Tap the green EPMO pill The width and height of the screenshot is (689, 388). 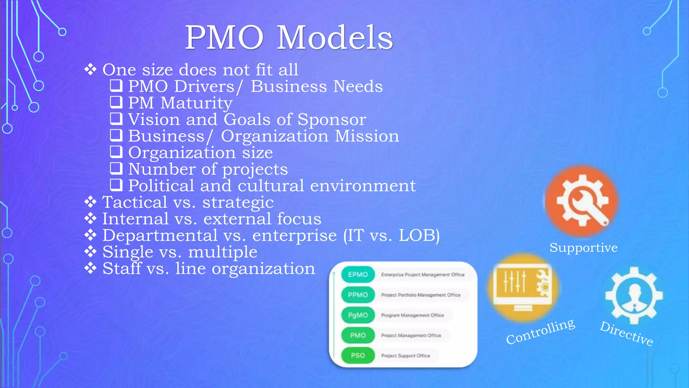coord(358,274)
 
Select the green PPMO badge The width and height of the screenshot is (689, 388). coord(358,295)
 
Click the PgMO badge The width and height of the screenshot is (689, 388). coord(358,315)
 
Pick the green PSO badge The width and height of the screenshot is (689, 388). coord(358,355)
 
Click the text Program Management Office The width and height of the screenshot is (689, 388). coord(412,315)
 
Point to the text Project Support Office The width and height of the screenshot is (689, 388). coord(405,356)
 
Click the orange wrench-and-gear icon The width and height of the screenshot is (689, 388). coord(582,201)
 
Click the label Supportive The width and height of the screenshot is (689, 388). coord(583,248)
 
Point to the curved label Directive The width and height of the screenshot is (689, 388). coord(626,333)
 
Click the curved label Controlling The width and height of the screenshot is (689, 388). coord(540,331)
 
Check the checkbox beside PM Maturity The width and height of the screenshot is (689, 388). coord(116,102)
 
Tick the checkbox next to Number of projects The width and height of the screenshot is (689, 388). coord(116,168)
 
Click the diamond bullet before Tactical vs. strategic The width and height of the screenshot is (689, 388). coord(90,202)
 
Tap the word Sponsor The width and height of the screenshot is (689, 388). coord(332,120)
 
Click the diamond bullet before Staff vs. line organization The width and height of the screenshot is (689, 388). coord(90,268)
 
